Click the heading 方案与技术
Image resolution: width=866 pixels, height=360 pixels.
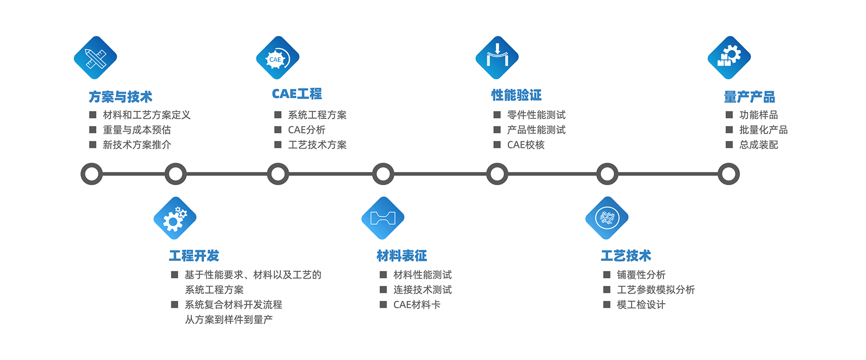point(120,96)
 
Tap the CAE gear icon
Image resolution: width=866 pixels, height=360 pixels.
point(278,58)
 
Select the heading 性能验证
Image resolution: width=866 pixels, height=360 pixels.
point(516,95)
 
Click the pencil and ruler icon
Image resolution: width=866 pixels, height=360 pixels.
point(96,58)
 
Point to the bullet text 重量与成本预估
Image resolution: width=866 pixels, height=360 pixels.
point(137,130)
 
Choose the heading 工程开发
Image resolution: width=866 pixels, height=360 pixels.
point(194,256)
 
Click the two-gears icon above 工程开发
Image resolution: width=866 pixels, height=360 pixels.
point(175,218)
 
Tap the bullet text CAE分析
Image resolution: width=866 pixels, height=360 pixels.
point(307,130)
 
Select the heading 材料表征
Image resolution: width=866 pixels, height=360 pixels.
point(402,256)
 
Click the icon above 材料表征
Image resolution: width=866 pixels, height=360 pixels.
point(383,218)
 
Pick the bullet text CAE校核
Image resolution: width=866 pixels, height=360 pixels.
point(526,145)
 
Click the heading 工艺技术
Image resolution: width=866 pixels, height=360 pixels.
point(626,256)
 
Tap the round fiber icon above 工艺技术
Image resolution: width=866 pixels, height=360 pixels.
point(607,218)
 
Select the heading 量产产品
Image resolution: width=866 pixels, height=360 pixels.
point(750,96)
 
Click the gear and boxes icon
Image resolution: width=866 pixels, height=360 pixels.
point(729,58)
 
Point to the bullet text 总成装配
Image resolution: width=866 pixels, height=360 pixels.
point(758,145)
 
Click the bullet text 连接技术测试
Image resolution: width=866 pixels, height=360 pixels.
point(423,290)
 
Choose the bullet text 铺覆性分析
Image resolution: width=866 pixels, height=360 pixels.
point(641,275)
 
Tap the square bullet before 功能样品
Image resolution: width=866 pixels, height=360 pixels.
point(729,115)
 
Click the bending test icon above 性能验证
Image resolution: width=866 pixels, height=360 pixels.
point(497,58)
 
